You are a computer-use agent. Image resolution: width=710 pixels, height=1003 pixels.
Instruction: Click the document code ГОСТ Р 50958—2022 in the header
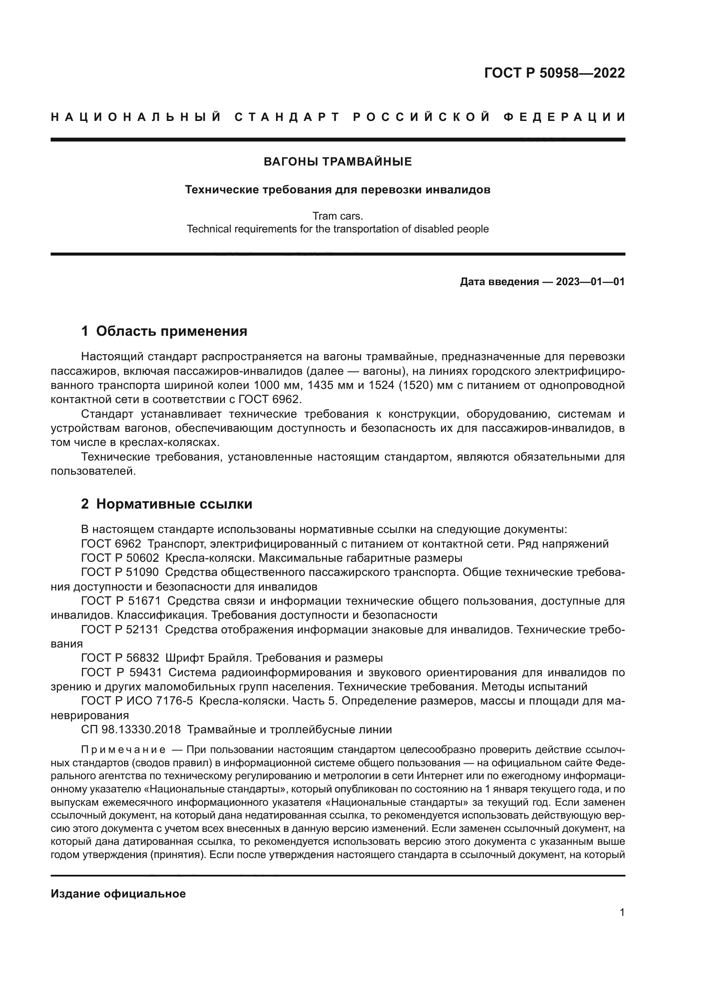pyautogui.click(x=554, y=73)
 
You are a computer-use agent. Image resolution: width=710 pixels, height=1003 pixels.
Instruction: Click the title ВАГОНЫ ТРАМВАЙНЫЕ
pyautogui.click(x=337, y=162)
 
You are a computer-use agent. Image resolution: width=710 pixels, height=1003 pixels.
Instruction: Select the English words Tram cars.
pyautogui.click(x=337, y=216)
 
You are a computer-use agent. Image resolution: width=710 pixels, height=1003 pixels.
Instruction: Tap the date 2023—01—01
pyautogui.click(x=590, y=282)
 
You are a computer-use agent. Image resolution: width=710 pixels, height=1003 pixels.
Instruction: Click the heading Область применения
pyautogui.click(x=171, y=331)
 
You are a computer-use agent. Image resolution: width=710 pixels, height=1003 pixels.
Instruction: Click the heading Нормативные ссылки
pyautogui.click(x=174, y=504)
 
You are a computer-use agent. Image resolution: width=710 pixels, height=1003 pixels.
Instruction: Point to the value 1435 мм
pyautogui.click(x=331, y=386)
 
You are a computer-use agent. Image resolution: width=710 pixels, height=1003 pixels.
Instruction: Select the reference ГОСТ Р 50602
pyautogui.click(x=120, y=558)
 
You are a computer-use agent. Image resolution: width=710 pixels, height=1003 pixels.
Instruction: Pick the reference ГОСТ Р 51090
pyautogui.click(x=120, y=572)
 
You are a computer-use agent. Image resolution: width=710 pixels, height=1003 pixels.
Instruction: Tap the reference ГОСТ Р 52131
pyautogui.click(x=120, y=630)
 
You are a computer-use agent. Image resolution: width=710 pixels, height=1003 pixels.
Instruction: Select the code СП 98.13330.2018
pyautogui.click(x=131, y=729)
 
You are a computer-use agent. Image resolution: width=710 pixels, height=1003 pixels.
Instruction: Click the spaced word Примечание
pyautogui.click(x=123, y=750)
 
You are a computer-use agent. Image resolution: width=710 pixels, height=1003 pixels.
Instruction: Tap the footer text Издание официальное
pyautogui.click(x=118, y=894)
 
